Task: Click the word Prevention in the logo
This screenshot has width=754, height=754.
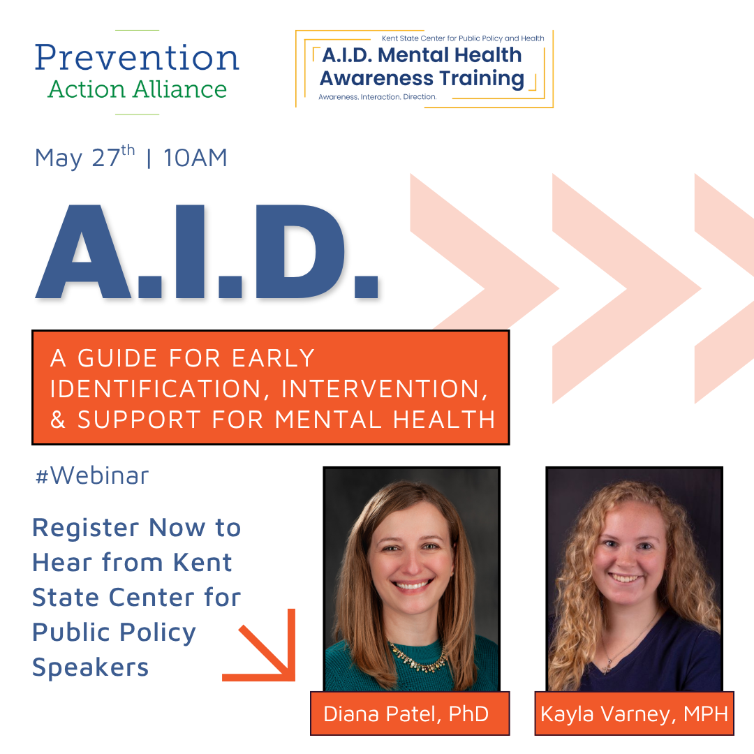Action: coord(137,58)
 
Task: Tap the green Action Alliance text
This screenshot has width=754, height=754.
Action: coord(137,89)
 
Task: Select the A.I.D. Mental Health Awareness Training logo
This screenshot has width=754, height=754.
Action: coord(423,68)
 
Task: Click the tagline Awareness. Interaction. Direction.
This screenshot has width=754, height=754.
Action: coord(377,97)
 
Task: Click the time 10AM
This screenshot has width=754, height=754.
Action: coord(195,158)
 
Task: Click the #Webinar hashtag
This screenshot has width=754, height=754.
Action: coord(92,475)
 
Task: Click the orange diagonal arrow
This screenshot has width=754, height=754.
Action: coord(264,648)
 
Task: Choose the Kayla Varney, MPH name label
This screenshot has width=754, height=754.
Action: coord(634,714)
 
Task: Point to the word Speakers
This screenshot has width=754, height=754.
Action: coord(91,667)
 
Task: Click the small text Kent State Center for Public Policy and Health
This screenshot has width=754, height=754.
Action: coord(462,39)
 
